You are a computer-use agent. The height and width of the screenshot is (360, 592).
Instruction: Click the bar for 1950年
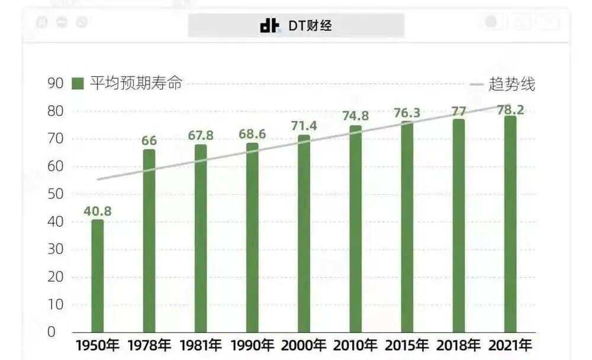97,276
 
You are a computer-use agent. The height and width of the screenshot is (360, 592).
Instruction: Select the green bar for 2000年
304,234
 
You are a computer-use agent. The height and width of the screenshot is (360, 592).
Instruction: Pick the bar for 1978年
149,241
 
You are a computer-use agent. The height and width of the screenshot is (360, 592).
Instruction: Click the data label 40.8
97,211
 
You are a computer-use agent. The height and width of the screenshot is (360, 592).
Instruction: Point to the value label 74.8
355,116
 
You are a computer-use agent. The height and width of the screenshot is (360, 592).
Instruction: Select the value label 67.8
201,136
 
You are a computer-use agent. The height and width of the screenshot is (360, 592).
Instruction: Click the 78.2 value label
510,110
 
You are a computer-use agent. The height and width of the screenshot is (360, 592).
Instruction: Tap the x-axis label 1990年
252,345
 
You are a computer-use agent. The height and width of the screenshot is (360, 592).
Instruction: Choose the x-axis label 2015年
407,345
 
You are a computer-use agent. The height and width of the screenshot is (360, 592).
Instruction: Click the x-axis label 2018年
459,345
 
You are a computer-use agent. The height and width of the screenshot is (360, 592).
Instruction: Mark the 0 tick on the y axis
51,332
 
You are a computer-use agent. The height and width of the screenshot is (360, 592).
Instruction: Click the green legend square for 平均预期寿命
78,83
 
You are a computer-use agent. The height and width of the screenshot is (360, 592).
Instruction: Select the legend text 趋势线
512,85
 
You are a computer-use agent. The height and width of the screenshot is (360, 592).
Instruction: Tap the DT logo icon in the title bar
269,25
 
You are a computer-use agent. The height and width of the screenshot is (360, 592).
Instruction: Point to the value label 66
149,141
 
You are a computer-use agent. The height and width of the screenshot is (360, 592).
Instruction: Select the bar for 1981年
201,239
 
